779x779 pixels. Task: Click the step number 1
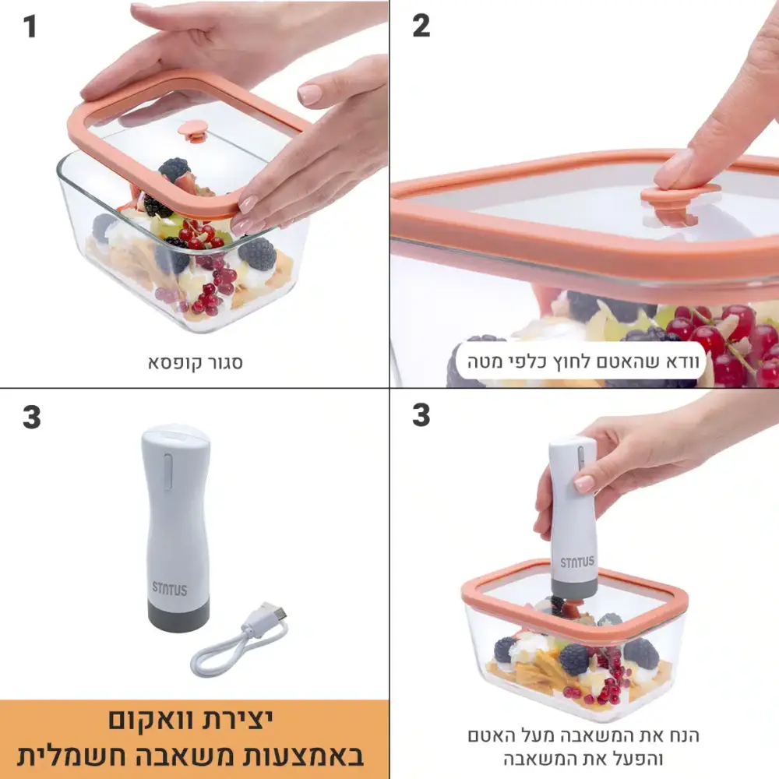pyautogui.click(x=30, y=26)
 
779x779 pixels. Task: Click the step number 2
pyautogui.click(x=421, y=26)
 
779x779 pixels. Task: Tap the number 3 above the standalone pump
pyautogui.click(x=31, y=418)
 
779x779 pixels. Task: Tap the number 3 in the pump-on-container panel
pyautogui.click(x=421, y=415)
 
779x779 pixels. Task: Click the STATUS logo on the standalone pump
pyautogui.click(x=169, y=589)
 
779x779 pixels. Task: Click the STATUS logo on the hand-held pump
pyautogui.click(x=576, y=562)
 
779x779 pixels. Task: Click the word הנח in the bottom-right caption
pyautogui.click(x=684, y=735)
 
